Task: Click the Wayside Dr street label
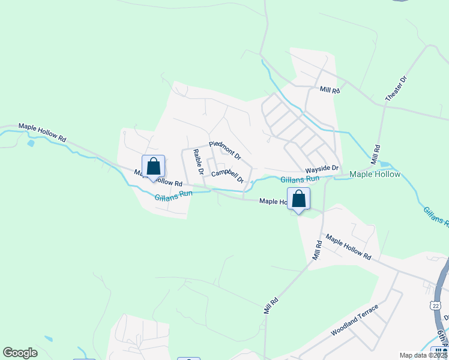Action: click(322, 169)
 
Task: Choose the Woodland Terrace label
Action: click(355, 320)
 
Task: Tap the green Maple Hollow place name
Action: click(375, 175)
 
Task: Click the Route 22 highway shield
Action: click(435, 305)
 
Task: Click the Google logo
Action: click(20, 353)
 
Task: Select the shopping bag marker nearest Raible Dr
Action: click(153, 167)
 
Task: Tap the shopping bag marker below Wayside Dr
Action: click(298, 199)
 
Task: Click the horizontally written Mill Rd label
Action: click(330, 89)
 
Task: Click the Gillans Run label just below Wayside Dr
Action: click(300, 179)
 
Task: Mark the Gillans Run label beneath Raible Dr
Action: click(173, 194)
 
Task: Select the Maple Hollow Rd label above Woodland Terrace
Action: click(349, 246)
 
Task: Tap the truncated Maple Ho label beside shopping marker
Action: click(273, 202)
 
